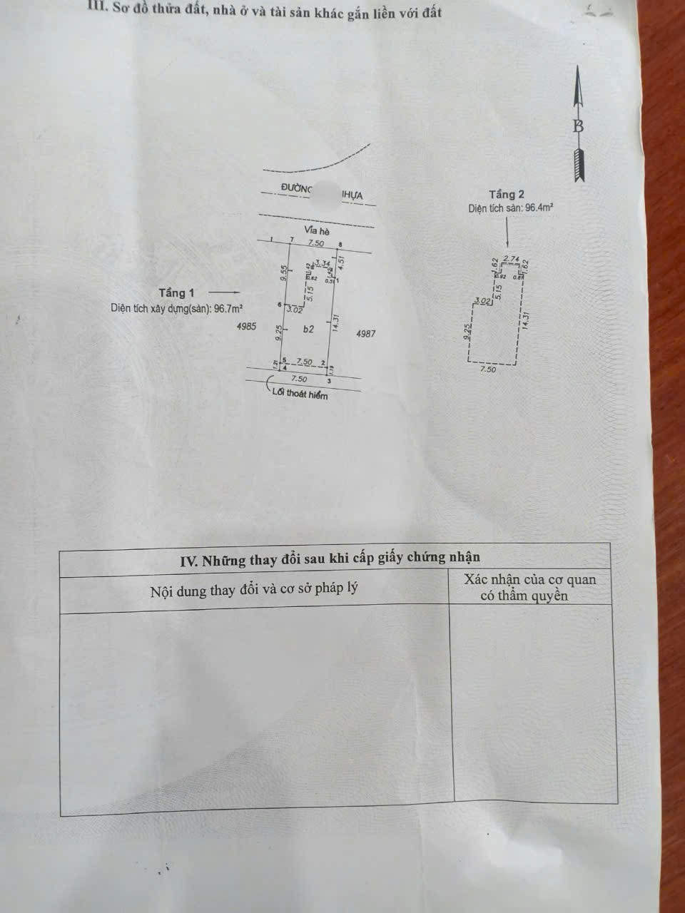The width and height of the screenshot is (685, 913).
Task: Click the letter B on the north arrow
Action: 578,127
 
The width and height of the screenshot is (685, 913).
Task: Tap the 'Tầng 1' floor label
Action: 176,292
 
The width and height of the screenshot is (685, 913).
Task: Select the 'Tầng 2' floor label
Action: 507,194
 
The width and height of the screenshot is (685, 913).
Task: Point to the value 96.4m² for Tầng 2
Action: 539,208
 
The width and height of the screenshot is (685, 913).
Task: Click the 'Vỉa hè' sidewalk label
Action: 316,230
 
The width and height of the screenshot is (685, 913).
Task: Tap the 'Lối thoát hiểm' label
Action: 300,394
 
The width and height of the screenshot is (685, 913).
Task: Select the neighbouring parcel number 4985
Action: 245,327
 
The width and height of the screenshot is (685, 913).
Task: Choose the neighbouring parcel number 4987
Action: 365,333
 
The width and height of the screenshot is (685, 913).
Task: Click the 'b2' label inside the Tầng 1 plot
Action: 308,330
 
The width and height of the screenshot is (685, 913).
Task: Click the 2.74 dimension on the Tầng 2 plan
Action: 510,258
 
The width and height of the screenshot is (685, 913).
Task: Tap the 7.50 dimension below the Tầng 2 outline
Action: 488,369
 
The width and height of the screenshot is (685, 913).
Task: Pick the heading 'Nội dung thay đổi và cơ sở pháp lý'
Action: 253,591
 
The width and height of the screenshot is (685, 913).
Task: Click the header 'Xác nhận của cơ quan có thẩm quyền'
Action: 529,588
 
